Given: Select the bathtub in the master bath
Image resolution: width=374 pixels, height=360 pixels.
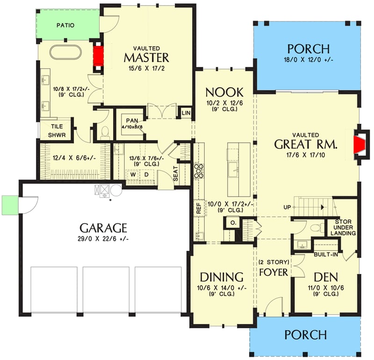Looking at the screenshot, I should click(x=65, y=52).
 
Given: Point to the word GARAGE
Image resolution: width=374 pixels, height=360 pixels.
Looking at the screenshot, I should click(x=103, y=228).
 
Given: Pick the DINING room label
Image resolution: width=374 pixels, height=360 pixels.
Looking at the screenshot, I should click(x=222, y=276).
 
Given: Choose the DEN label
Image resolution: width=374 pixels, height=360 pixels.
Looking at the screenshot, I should click(x=326, y=276).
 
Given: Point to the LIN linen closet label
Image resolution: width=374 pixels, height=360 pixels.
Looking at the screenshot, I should click(x=185, y=113).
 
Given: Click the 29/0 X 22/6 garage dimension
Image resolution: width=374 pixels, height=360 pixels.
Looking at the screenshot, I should click(x=103, y=239).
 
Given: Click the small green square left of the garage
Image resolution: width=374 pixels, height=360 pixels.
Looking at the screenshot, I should click(x=9, y=204).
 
